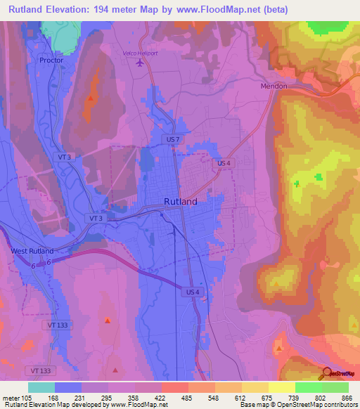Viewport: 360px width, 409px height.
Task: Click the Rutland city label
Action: tap(180, 201)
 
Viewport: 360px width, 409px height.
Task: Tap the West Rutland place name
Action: tap(32, 250)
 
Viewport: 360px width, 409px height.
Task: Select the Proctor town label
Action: tap(51, 60)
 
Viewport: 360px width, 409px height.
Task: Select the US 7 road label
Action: tap(174, 141)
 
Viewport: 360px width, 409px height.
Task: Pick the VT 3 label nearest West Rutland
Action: tap(96, 219)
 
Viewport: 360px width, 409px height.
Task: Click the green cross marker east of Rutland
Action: tap(296, 184)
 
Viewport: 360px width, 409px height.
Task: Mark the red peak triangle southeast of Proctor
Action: tap(91, 99)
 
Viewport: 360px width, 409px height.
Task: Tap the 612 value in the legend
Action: tap(229, 397)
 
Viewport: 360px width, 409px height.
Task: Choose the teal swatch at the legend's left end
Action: tap(41, 387)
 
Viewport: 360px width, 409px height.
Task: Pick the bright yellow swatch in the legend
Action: tap(281, 387)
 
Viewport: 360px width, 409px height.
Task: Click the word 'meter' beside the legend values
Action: tap(11, 397)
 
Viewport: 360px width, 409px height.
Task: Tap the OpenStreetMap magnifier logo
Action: tap(327, 373)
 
